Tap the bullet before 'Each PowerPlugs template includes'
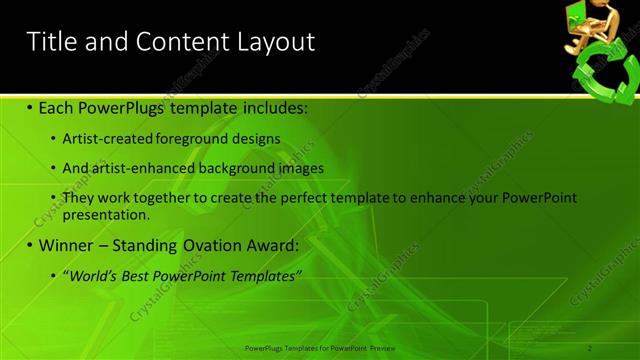click(x=30, y=107)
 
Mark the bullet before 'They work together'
click(x=53, y=198)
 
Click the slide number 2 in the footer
click(x=591, y=347)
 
